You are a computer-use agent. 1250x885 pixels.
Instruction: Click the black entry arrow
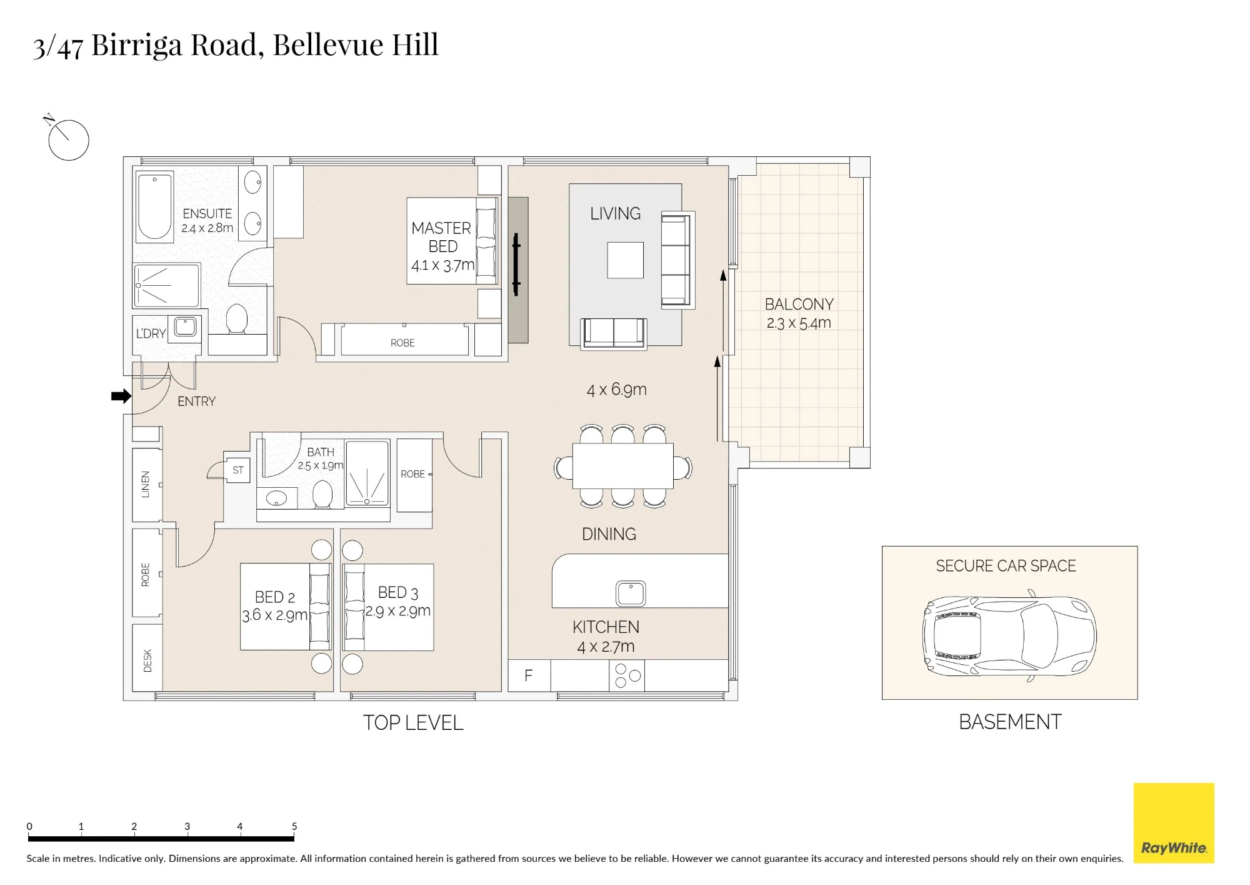(x=121, y=396)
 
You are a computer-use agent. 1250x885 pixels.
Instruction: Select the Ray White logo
(x=1174, y=823)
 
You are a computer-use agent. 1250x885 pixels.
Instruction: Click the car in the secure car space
(x=1009, y=636)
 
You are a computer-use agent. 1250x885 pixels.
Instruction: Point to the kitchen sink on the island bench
(x=631, y=593)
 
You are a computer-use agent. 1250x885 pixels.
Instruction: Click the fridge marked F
(x=529, y=675)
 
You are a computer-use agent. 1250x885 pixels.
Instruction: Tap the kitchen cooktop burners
(x=627, y=675)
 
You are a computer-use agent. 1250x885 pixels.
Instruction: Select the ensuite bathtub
(x=154, y=206)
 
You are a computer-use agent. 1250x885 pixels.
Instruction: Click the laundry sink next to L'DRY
(x=185, y=326)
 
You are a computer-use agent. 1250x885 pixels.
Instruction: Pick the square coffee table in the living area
(x=626, y=260)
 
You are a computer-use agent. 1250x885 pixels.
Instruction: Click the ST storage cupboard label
(x=238, y=470)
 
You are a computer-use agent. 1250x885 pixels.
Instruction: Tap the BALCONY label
(x=799, y=304)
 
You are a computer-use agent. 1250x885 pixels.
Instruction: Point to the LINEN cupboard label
(x=146, y=484)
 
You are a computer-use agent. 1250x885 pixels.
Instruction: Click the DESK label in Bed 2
(x=147, y=660)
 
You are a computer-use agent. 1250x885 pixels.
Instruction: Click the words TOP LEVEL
(x=413, y=723)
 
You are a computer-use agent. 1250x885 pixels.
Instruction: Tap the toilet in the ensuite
(x=237, y=319)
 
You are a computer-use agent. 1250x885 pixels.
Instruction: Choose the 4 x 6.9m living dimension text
(x=616, y=390)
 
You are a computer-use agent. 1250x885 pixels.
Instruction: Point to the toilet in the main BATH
(x=322, y=494)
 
